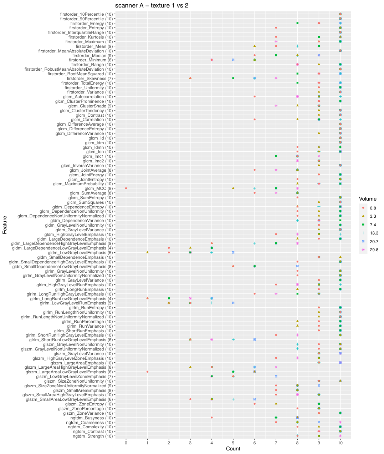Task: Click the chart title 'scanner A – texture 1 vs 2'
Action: pyautogui.click(x=152, y=5)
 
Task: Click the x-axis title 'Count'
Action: pyautogui.click(x=233, y=449)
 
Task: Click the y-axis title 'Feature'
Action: pyautogui.click(x=5, y=225)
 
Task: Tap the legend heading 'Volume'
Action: pyautogui.click(x=368, y=199)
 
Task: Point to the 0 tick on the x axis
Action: pyautogui.click(x=126, y=443)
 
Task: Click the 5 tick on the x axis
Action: pyautogui.click(x=233, y=443)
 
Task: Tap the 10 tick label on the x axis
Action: pyautogui.click(x=341, y=443)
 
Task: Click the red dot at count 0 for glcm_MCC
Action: pyautogui.click(x=126, y=188)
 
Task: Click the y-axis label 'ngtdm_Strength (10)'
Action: pyautogui.click(x=93, y=436)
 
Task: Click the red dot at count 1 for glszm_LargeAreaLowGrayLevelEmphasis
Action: pyautogui.click(x=147, y=372)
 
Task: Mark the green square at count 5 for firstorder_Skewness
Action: pyautogui.click(x=233, y=78)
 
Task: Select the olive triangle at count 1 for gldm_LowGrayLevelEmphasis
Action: pyautogui.click(x=147, y=252)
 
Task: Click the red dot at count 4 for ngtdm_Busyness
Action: pyautogui.click(x=212, y=417)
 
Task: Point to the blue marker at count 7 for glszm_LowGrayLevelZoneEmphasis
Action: pyautogui.click(x=276, y=376)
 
